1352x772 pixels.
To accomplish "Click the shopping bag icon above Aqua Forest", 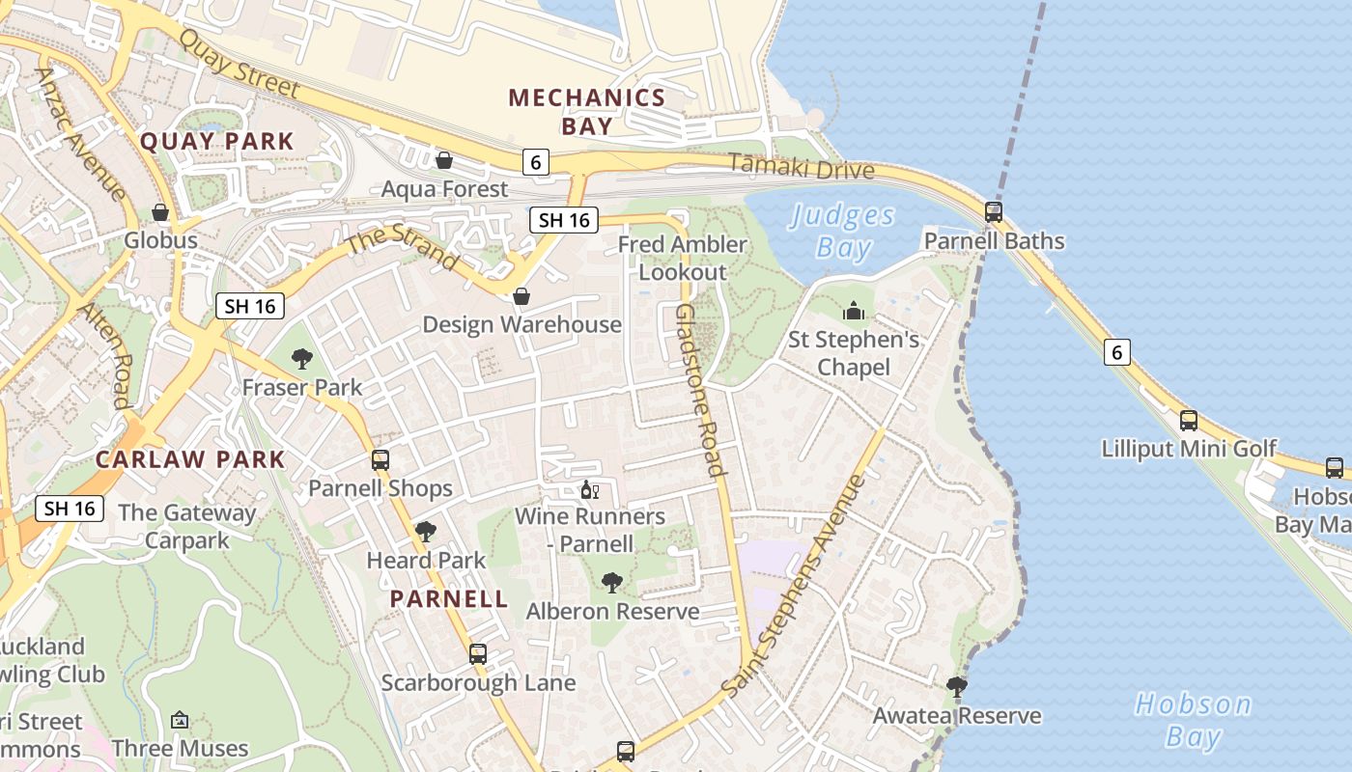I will [444, 160].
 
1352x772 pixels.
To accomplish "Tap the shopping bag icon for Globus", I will [160, 212].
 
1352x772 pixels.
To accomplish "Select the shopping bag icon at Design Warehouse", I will [521, 296].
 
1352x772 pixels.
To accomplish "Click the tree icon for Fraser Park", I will [302, 359].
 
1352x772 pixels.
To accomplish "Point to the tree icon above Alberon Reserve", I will [611, 583].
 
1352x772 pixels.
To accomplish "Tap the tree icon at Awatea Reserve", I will [957, 687].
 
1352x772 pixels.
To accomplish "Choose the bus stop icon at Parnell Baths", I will [993, 212].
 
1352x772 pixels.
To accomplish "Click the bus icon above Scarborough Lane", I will [478, 654].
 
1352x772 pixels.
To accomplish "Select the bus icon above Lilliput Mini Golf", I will [1189, 421].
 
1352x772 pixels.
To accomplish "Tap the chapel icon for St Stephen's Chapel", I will [854, 311].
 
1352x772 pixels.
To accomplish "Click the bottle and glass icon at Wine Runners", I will [589, 490].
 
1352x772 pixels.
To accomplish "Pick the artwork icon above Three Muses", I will [180, 720].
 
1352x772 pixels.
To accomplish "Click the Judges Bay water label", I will [843, 232].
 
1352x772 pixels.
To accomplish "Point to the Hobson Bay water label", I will [1193, 720].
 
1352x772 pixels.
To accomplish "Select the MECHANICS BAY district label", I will [587, 112].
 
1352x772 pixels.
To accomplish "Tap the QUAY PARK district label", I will [216, 141].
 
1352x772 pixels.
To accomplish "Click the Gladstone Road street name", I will [699, 391].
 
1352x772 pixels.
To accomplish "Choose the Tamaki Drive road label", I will [801, 167].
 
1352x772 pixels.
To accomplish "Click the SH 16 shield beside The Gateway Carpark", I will [70, 508].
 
